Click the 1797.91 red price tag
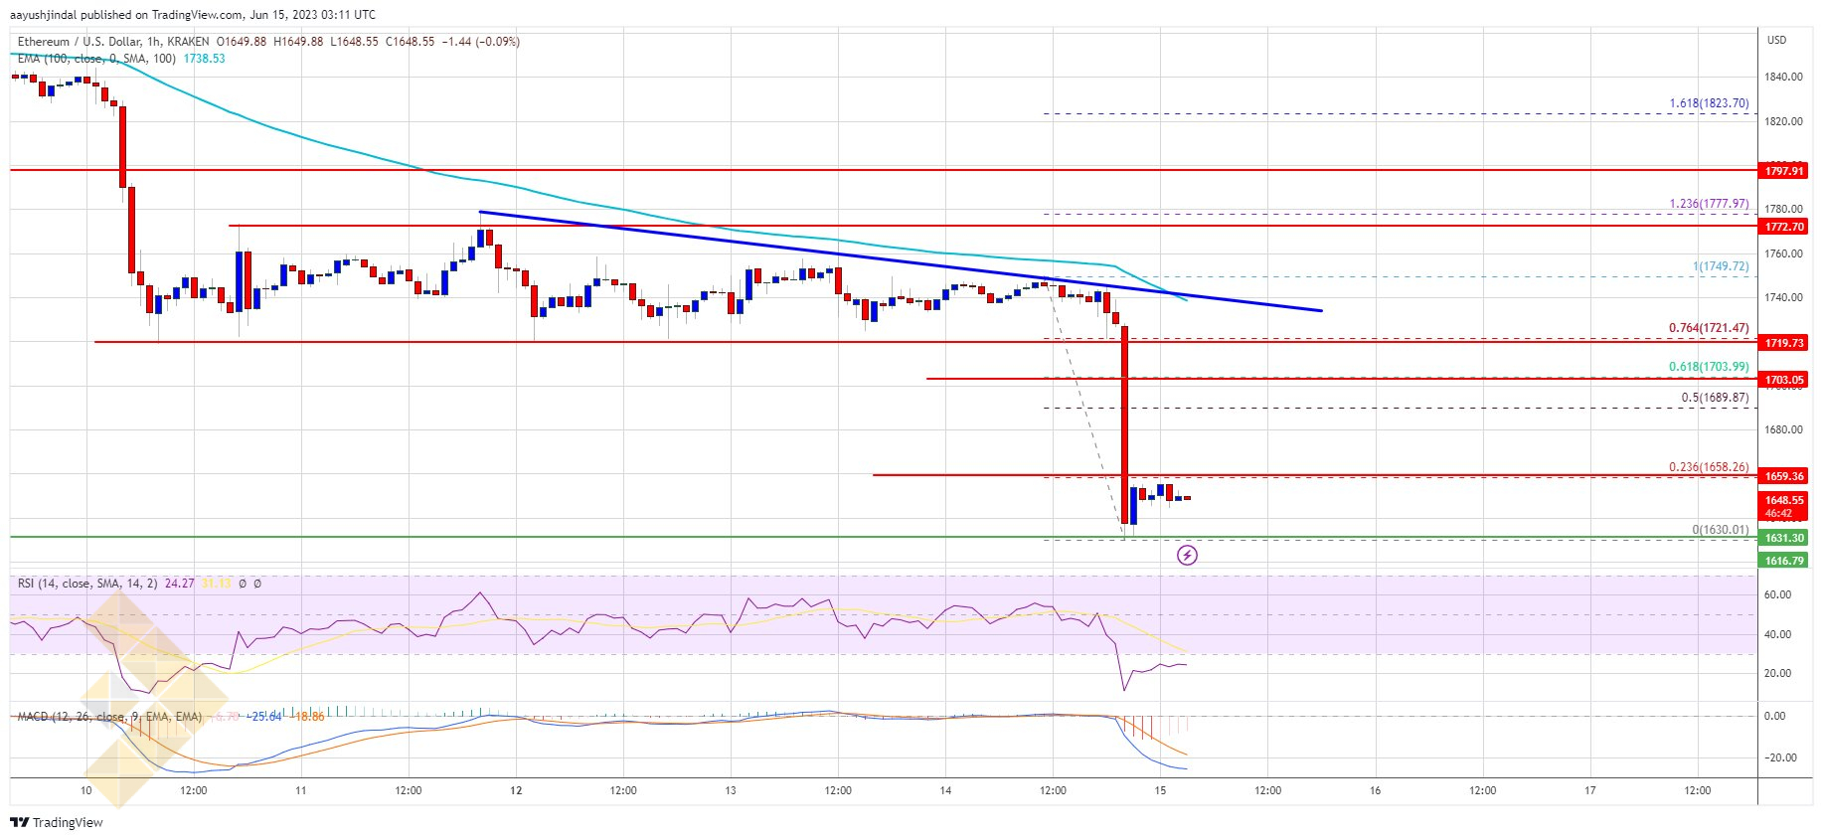coord(1783,171)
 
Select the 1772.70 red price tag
coord(1783,227)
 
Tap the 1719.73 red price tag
coord(1783,343)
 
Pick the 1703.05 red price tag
coord(1783,380)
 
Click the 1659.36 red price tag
coord(1783,476)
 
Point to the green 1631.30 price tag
coord(1783,538)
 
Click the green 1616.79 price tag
coord(1783,561)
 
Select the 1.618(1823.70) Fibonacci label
coord(1709,103)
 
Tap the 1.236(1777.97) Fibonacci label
coord(1709,204)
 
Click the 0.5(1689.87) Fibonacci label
coord(1715,398)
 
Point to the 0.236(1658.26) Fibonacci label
coord(1709,467)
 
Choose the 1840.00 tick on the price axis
coord(1783,77)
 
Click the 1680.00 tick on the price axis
coord(1783,430)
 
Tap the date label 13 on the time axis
coord(731,791)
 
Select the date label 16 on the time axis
coord(1375,791)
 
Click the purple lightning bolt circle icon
coord(1187,555)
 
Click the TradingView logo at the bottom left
coord(57,822)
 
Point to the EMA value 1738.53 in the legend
coord(204,59)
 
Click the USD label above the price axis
coord(1776,40)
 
